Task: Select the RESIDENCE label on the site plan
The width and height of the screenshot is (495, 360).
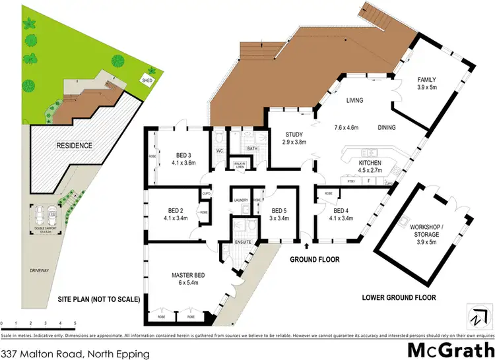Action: click(74, 145)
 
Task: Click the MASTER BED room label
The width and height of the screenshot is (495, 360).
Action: click(172, 276)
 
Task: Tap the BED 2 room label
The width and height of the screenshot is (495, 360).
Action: click(174, 212)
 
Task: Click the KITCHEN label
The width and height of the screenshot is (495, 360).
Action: click(370, 162)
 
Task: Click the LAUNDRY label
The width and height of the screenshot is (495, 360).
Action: click(240, 199)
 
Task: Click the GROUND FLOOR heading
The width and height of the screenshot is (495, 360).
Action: click(315, 260)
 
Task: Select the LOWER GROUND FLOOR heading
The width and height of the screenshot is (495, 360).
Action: click(399, 298)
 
